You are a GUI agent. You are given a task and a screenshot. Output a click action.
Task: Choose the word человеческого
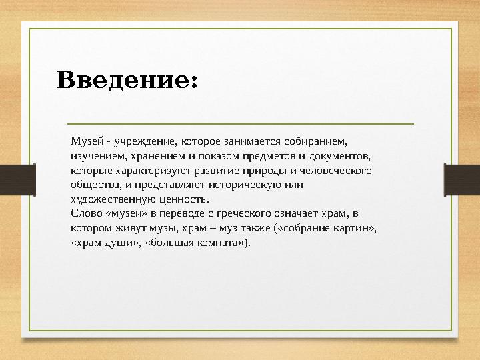(337, 170)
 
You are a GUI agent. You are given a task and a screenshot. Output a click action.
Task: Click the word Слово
(85, 214)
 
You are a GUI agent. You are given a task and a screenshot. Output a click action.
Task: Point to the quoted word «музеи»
(125, 214)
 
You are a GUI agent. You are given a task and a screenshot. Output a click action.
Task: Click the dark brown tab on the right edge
(466, 179)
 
